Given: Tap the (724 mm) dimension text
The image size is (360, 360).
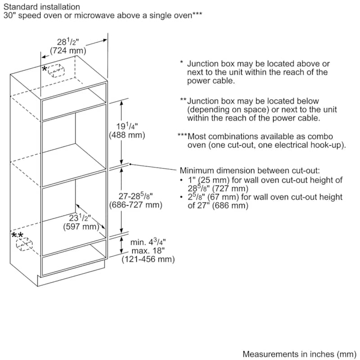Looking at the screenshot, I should tap(66, 51).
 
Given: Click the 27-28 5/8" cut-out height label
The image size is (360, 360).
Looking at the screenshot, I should tap(135, 196).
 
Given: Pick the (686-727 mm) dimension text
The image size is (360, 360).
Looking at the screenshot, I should tap(135, 205).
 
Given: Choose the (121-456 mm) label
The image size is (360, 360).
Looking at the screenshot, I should tap(148, 260).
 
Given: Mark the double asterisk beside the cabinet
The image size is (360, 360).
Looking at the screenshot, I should tap(18, 235).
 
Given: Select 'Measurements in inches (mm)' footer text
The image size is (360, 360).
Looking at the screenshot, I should tap(298, 354).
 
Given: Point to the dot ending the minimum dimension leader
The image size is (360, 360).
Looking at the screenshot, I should tap(130, 164).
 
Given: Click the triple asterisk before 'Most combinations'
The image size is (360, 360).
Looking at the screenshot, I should tap(182, 136).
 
